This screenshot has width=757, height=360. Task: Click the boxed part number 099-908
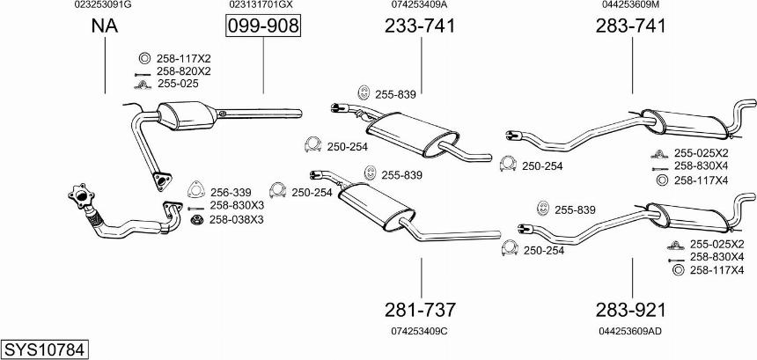click(263, 26)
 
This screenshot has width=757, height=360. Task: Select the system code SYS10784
click(46, 349)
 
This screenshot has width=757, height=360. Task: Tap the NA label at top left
click(105, 26)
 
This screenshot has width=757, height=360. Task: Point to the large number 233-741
click(420, 26)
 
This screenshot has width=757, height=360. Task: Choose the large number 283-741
click(630, 26)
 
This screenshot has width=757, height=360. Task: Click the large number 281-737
click(420, 310)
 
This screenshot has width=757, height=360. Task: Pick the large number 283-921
click(630, 310)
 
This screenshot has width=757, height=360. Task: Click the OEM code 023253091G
click(103, 4)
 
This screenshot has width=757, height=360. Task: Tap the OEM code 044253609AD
click(630, 331)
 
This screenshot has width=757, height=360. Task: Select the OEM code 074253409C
click(420, 331)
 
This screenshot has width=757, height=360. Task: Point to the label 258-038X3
click(237, 219)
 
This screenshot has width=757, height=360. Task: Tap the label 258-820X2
click(184, 71)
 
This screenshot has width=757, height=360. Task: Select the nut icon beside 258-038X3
click(196, 220)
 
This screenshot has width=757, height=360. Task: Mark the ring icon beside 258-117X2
click(143, 58)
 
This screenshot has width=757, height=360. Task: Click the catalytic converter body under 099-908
click(187, 116)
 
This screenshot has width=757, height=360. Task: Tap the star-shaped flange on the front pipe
click(81, 196)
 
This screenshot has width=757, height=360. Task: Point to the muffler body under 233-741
click(412, 135)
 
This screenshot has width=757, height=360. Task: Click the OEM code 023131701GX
click(261, 4)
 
